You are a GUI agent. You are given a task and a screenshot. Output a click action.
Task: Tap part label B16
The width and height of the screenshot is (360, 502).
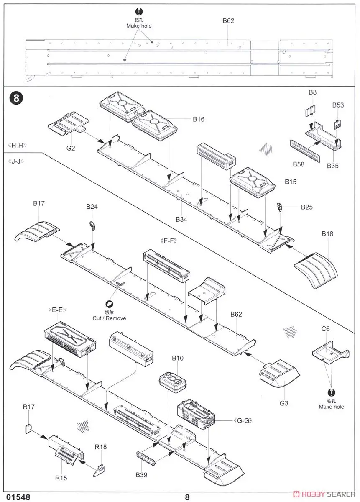click(199, 119)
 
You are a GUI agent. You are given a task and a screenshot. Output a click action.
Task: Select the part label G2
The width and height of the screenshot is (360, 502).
click(71, 148)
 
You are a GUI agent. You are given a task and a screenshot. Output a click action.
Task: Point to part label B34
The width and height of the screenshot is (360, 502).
click(181, 219)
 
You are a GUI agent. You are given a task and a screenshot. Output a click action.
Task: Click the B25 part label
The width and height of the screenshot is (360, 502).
click(306, 207)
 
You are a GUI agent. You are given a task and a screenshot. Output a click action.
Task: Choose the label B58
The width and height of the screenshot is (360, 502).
click(299, 164)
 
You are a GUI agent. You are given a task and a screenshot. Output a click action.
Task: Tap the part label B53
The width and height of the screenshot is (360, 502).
click(338, 105)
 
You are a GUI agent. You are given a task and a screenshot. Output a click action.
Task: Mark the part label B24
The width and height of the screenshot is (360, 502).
click(92, 207)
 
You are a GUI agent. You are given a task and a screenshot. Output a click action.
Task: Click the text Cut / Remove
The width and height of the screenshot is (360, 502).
click(109, 318)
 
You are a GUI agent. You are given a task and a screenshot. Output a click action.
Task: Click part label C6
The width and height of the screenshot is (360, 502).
click(325, 329)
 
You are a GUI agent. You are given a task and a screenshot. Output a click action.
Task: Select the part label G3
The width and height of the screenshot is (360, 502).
click(284, 403)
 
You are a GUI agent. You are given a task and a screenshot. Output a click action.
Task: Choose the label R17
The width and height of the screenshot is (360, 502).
click(28, 406)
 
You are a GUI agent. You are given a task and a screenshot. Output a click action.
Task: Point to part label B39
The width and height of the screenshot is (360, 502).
click(141, 475)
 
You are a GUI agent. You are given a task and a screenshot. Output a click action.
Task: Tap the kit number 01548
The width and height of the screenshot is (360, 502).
click(18, 497)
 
